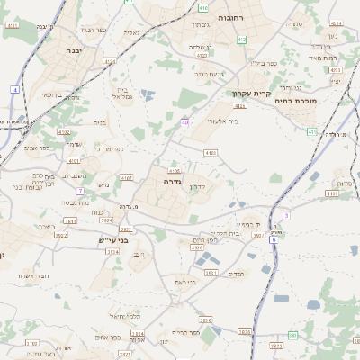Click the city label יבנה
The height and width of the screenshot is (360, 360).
tap(74, 50)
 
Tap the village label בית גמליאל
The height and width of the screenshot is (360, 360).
tap(125, 91)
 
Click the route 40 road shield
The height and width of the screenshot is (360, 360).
tap(184, 121)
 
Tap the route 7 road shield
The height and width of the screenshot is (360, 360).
tap(80, 191)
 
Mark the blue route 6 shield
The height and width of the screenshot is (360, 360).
tap(274, 240)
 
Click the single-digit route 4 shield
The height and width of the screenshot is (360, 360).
tap(15, 90)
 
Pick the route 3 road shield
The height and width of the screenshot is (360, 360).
tap(286, 215)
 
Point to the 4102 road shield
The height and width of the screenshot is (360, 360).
tap(63, 132)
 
